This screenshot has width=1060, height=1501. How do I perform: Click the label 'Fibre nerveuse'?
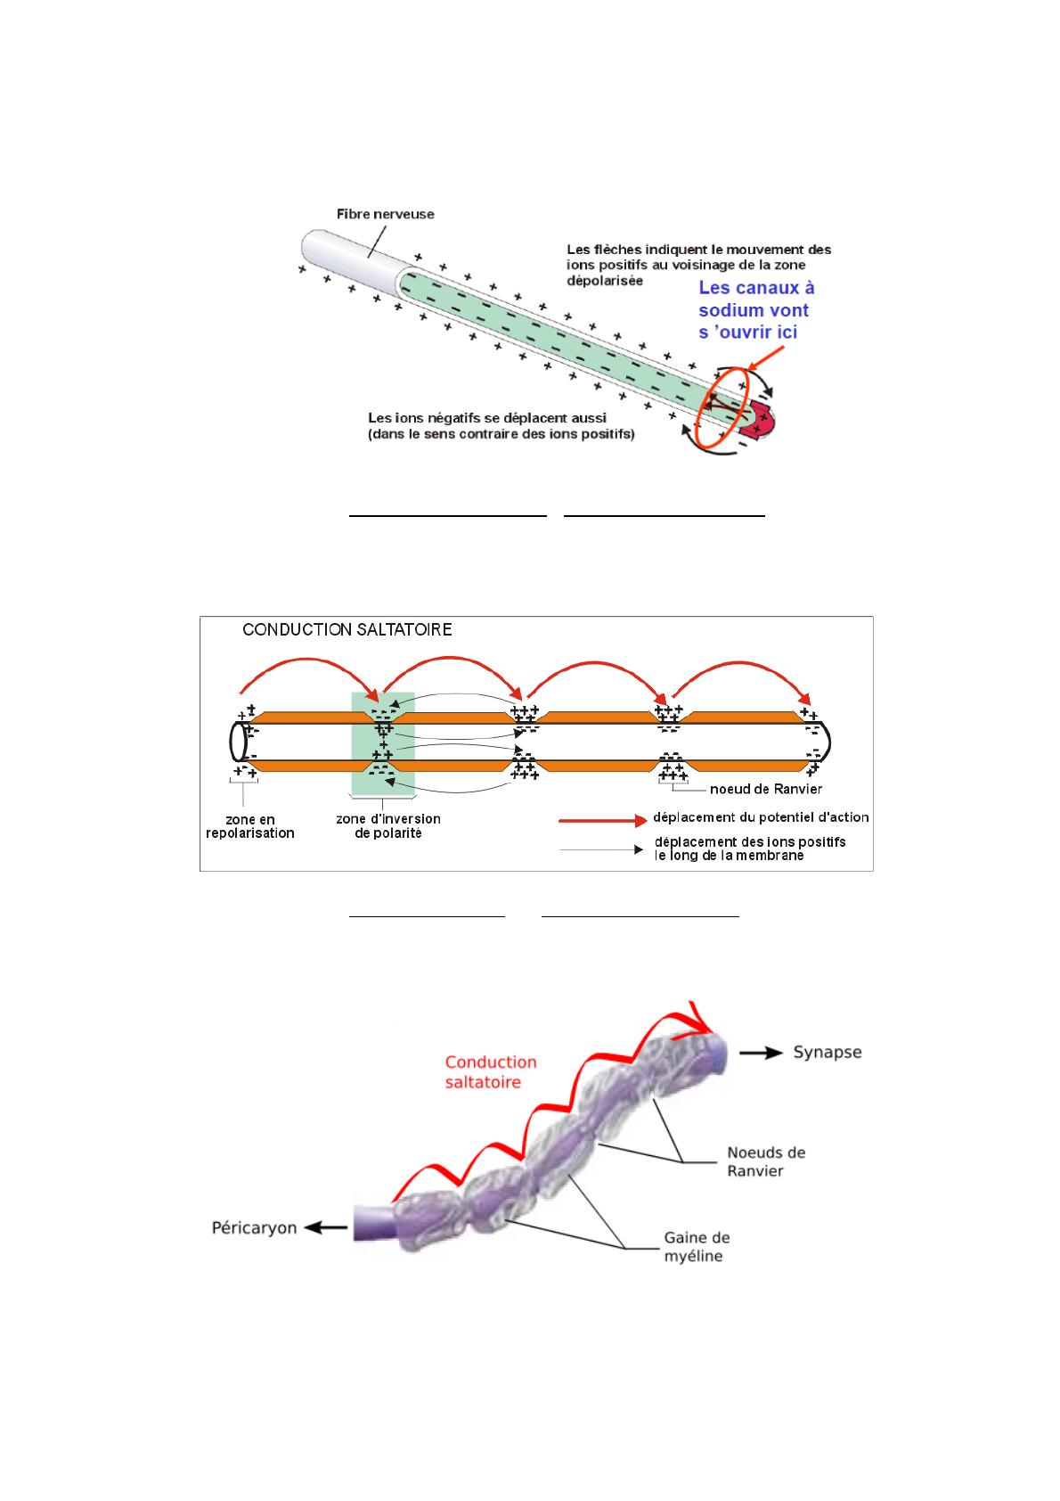pyautogui.click(x=385, y=215)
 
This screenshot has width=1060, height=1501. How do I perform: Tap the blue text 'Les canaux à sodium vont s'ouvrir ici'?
pyautogui.click(x=756, y=309)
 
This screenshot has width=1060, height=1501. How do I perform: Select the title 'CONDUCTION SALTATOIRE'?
pyautogui.click(x=347, y=630)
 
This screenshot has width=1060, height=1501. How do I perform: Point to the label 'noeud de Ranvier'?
pyautogui.click(x=765, y=790)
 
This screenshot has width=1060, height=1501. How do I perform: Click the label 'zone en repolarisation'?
pyautogui.click(x=249, y=826)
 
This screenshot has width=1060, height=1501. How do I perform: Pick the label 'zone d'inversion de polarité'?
pyautogui.click(x=388, y=826)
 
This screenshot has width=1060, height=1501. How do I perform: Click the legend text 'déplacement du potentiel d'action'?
pyautogui.click(x=761, y=817)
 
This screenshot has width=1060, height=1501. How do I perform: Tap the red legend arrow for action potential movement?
pyautogui.click(x=603, y=820)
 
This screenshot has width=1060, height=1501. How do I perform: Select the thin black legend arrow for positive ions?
pyautogui.click(x=601, y=849)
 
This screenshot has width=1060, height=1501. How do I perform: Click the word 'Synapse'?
pyautogui.click(x=827, y=1053)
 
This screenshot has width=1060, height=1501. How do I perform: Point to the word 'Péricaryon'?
pyautogui.click(x=254, y=1228)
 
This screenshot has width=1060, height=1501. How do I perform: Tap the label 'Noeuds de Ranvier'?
pyautogui.click(x=766, y=1162)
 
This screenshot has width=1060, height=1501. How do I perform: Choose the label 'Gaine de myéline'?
pyautogui.click(x=697, y=1247)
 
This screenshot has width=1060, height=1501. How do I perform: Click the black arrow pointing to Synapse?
pyautogui.click(x=761, y=1053)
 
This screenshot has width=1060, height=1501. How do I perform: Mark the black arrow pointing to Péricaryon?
pyautogui.click(x=326, y=1227)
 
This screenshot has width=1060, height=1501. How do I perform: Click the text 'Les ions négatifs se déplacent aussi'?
pyautogui.click(x=487, y=418)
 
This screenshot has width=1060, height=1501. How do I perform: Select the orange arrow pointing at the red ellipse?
pyautogui.click(x=766, y=358)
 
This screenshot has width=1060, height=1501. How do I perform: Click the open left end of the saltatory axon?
pyautogui.click(x=238, y=742)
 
